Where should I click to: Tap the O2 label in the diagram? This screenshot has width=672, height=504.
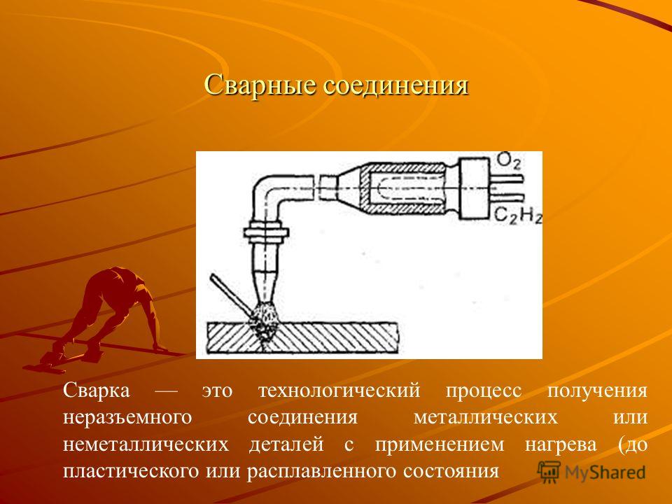[x=508, y=162]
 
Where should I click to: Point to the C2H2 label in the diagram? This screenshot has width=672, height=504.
[x=518, y=215]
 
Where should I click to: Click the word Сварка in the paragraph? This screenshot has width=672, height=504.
[x=96, y=390]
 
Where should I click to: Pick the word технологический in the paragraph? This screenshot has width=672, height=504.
[x=339, y=391]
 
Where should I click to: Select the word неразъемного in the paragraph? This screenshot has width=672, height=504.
[x=127, y=417]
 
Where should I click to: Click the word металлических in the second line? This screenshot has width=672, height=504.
[x=486, y=417]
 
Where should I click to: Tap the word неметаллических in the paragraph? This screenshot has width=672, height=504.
[x=146, y=444]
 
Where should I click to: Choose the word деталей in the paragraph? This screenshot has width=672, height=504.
[x=286, y=444]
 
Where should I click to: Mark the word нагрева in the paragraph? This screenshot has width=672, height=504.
[x=561, y=445]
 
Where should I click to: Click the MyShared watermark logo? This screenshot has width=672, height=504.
[x=591, y=472]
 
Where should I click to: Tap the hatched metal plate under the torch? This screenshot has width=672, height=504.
[x=302, y=337]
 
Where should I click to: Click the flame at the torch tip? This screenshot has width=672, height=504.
[x=263, y=320]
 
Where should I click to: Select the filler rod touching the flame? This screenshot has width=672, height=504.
[x=232, y=295]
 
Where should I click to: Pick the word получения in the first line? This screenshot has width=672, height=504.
[x=597, y=391]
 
